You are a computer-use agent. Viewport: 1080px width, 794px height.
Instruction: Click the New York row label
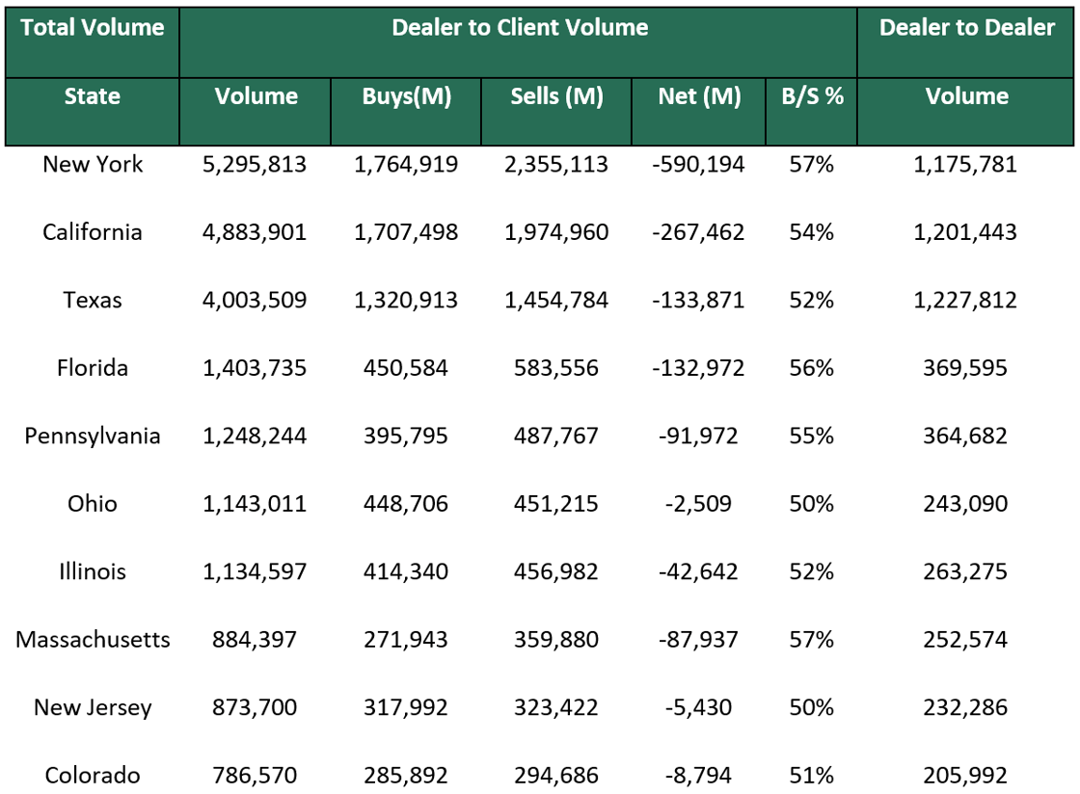point(93,165)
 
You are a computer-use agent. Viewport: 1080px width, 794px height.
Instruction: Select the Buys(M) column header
point(406,96)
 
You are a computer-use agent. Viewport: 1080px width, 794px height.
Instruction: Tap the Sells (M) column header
point(556,96)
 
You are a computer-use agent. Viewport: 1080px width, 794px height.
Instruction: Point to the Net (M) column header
point(699,96)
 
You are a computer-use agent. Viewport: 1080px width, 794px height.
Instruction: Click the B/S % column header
point(812,96)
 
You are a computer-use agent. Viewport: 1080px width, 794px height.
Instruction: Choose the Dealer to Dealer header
point(966,28)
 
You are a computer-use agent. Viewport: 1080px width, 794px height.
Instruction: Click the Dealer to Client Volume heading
point(519,28)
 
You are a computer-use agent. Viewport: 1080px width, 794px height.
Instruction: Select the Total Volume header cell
point(93,28)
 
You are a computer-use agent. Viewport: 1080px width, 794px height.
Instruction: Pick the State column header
point(93,96)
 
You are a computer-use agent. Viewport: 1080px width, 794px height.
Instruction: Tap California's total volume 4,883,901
point(256,232)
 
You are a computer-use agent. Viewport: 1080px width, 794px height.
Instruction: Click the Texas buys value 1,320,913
point(406,301)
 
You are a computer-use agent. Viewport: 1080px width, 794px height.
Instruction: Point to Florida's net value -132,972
point(699,368)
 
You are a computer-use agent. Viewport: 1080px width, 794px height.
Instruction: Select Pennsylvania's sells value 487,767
point(556,437)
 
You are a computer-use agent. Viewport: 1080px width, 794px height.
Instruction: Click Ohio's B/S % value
point(812,504)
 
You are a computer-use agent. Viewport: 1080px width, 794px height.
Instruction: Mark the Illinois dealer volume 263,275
point(966,572)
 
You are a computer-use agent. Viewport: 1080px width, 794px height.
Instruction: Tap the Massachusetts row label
point(93,640)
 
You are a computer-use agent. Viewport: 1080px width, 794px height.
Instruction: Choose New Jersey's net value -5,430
point(699,708)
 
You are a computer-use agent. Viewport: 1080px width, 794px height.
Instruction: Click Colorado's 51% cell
point(812,776)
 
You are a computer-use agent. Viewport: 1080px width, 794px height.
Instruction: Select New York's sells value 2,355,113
point(556,165)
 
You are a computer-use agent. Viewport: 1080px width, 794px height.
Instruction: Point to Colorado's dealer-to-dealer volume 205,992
point(966,776)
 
